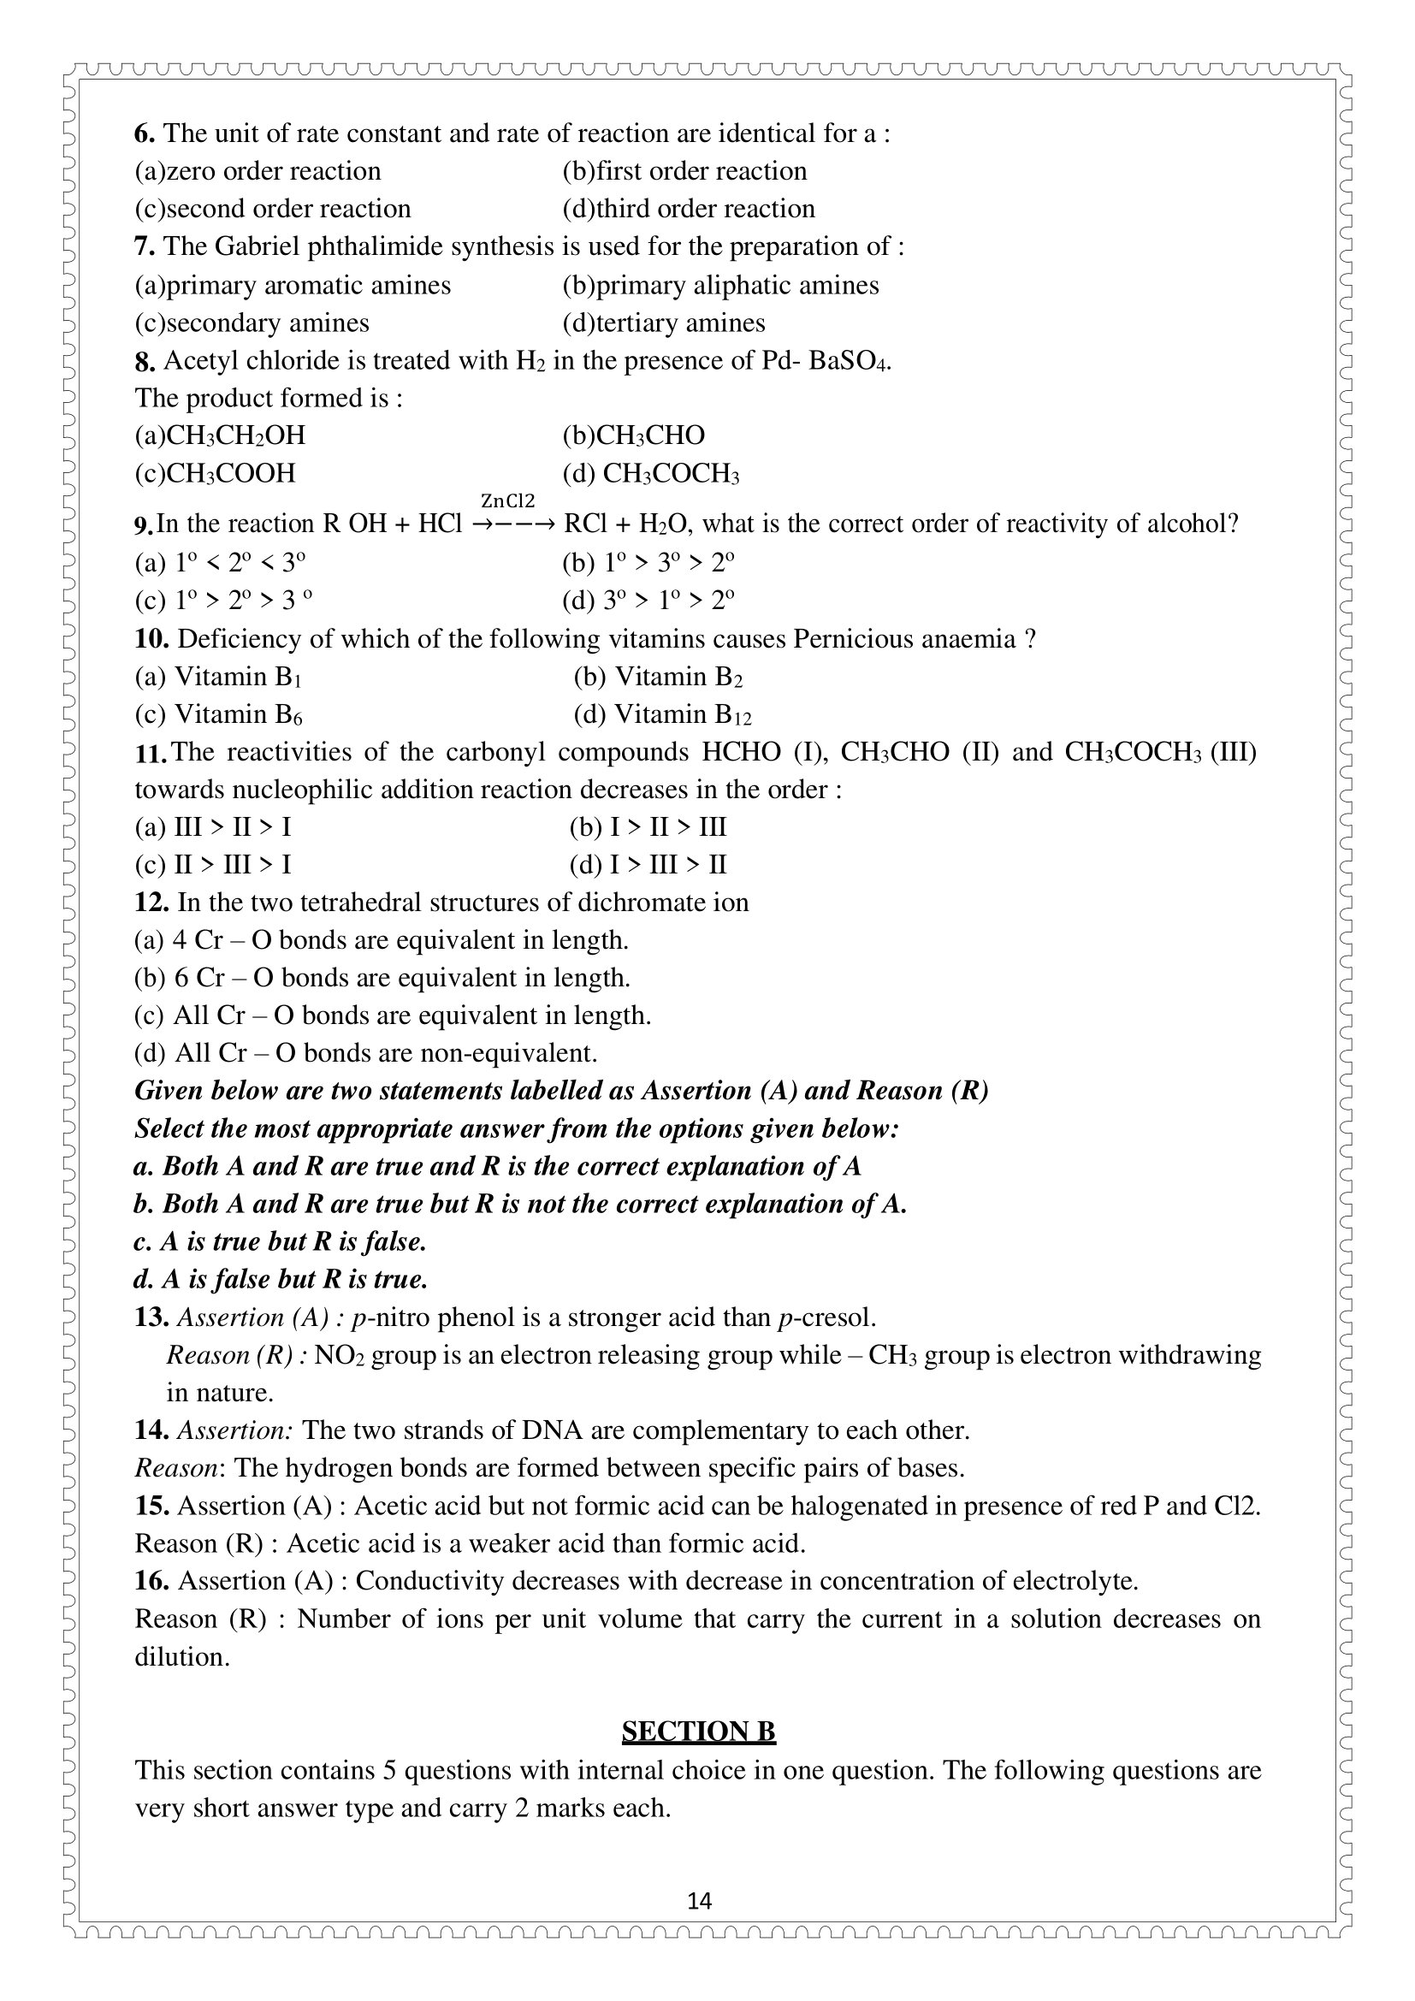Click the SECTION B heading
point(698,1731)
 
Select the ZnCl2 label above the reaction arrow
point(507,501)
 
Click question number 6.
point(144,133)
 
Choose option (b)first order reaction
point(684,171)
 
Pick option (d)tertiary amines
point(663,323)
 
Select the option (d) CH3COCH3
point(651,473)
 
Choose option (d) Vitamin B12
point(662,714)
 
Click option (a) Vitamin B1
point(217,677)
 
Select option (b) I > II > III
point(648,827)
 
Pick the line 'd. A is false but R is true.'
point(281,1278)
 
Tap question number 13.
point(151,1317)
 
